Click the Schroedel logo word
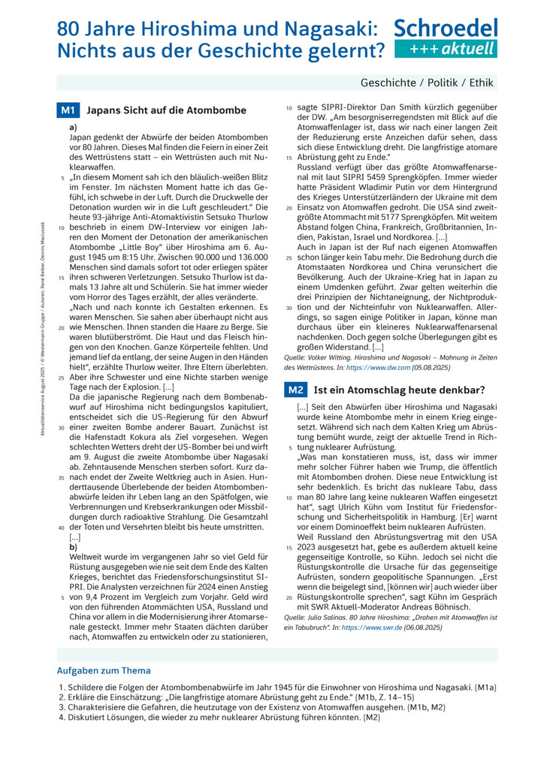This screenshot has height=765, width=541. pos(447,29)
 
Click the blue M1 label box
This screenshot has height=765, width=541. pos(68,110)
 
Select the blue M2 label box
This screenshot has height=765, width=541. pos(296,390)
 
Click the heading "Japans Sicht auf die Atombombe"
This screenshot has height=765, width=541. pos(166,110)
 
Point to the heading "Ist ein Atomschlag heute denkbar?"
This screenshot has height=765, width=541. pos(398,390)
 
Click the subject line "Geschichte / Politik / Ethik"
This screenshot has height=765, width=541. pos(428,83)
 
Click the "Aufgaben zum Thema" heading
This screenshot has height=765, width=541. pos(104,670)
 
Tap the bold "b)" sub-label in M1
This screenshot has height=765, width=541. pos(73,547)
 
